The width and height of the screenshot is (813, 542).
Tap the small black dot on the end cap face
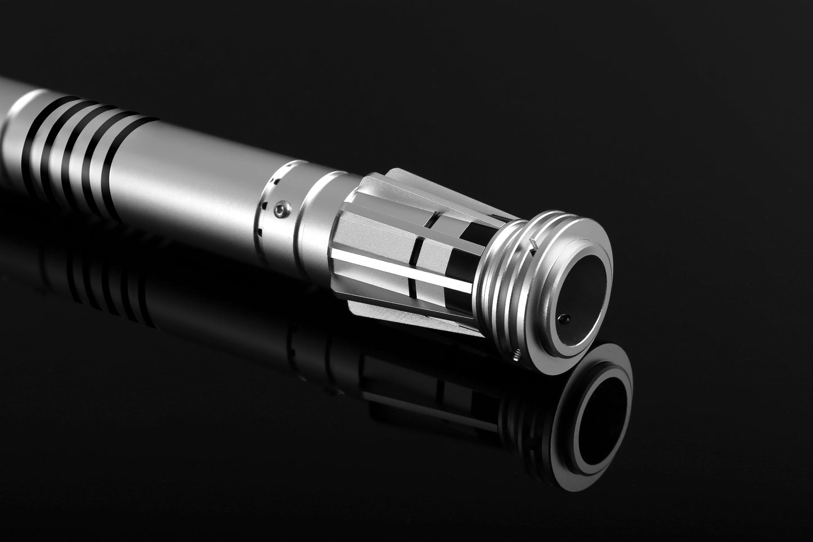click(x=564, y=320)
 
